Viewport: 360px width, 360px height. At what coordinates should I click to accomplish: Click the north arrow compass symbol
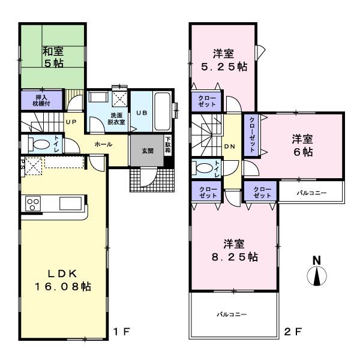317,273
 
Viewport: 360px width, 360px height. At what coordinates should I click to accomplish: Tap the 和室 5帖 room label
53,56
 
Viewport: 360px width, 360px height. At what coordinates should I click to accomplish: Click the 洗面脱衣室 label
116,118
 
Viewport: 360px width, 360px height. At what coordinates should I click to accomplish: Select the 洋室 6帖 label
302,145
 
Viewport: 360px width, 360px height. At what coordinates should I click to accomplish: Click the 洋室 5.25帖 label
223,59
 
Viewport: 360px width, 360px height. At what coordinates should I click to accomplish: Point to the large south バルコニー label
233,314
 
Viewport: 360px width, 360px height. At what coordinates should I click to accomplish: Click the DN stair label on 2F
229,146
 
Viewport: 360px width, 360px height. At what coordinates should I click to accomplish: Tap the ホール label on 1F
102,145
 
